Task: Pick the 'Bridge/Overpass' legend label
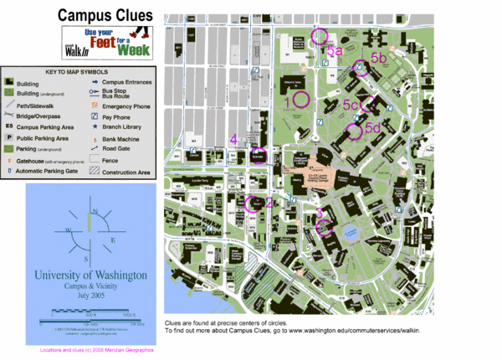coord(40,116)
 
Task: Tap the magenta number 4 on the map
coord(234,139)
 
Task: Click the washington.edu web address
coord(354,332)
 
